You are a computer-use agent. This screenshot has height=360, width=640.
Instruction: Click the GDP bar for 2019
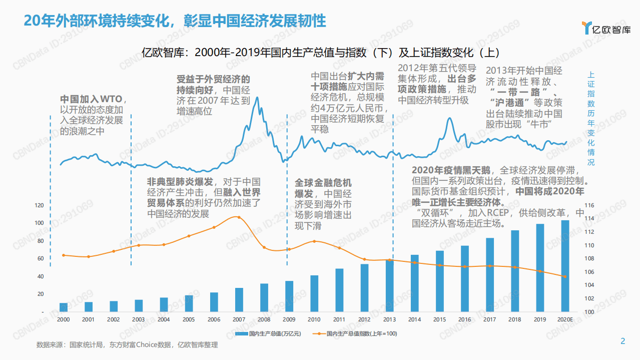(x=540, y=268)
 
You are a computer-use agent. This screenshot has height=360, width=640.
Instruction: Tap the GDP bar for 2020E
(x=565, y=266)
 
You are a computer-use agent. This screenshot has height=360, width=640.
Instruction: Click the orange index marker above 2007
(x=239, y=217)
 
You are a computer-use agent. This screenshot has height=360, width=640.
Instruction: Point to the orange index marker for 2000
(x=64, y=255)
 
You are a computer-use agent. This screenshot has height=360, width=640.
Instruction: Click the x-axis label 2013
(x=390, y=319)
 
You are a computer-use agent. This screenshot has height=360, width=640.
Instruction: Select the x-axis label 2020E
(x=565, y=319)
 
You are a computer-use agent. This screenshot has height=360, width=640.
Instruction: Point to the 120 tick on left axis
(x=39, y=205)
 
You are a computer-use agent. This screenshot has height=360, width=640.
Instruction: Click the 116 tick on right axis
(x=589, y=205)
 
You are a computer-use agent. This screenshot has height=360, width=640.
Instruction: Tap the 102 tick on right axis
(x=589, y=299)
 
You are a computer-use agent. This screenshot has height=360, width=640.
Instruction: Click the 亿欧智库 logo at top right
(x=606, y=29)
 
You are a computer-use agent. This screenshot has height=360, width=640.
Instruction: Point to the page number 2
(x=622, y=341)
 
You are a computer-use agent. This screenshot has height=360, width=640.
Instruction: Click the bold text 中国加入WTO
(x=91, y=99)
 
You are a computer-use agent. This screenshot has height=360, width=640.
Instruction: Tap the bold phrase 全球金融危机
(x=323, y=183)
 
